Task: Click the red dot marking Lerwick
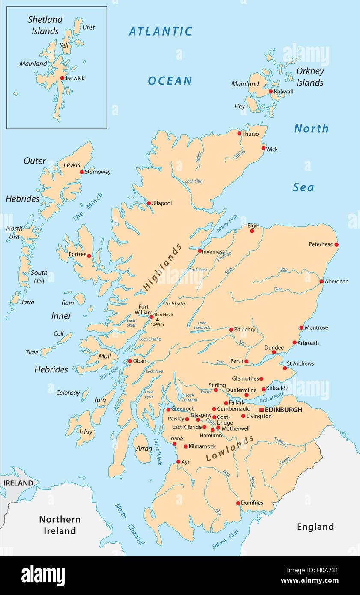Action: click(x=62, y=78)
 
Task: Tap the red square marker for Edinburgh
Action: click(x=262, y=410)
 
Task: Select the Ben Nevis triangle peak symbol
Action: click(x=157, y=319)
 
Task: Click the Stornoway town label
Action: click(x=98, y=172)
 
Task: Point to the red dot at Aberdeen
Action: click(x=321, y=281)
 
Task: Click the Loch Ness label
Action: click(x=198, y=270)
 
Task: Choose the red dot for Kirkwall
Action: click(x=271, y=91)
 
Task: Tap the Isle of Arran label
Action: click(x=144, y=449)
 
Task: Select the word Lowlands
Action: click(x=230, y=449)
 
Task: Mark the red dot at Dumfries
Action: click(x=238, y=503)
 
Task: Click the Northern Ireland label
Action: click(x=60, y=525)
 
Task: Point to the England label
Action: click(x=315, y=527)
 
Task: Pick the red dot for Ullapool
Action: click(x=149, y=203)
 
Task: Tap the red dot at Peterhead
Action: click(x=336, y=244)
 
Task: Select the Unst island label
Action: click(x=89, y=27)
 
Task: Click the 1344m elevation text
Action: click(x=157, y=324)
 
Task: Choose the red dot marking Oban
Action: click(x=130, y=361)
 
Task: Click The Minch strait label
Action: click(x=88, y=208)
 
